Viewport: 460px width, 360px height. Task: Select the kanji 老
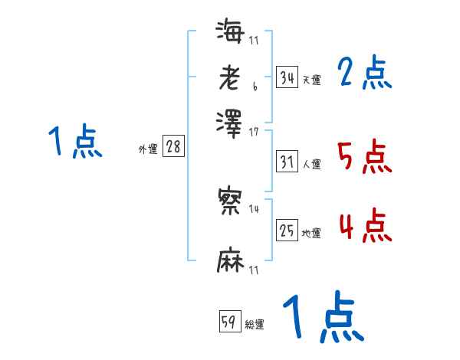pyautogui.click(x=230, y=77)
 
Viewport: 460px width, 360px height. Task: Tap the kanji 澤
pyautogui.click(x=230, y=121)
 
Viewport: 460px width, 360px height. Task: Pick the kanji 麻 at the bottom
pyautogui.click(x=230, y=260)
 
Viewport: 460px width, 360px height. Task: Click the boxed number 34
pyautogui.click(x=287, y=77)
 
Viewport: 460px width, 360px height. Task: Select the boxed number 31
pyautogui.click(x=287, y=162)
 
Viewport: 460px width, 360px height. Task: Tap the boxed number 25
pyautogui.click(x=287, y=231)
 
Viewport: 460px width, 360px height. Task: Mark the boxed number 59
pyautogui.click(x=230, y=322)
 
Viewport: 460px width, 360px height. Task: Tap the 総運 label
pyautogui.click(x=255, y=325)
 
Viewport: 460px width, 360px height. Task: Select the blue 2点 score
pyautogui.click(x=364, y=74)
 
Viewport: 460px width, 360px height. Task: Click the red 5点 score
pyautogui.click(x=364, y=157)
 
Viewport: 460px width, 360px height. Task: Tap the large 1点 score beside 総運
pyautogui.click(x=322, y=318)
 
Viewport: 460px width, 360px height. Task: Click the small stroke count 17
pyautogui.click(x=254, y=132)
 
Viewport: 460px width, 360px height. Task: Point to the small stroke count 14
pyautogui.click(x=254, y=209)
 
